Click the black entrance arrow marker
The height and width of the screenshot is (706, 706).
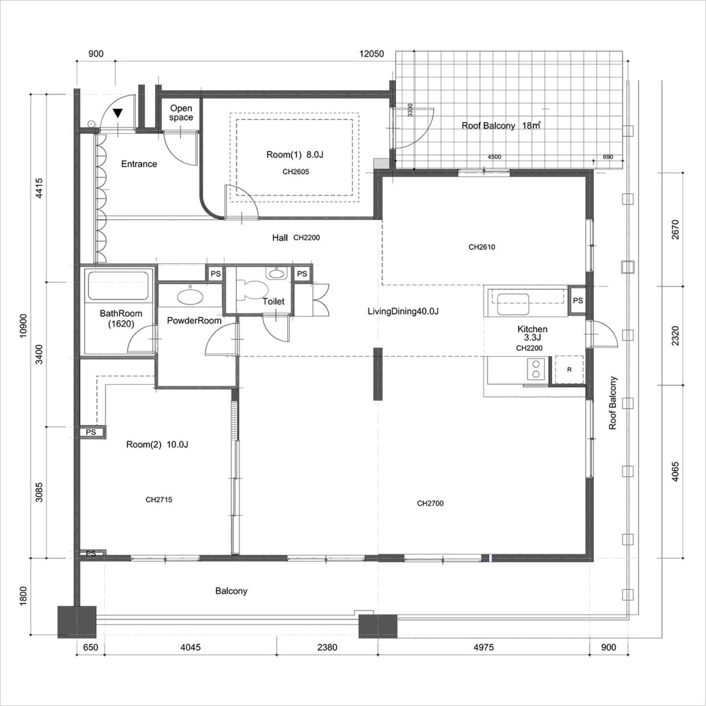(x=118, y=113)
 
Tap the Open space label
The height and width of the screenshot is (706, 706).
(x=181, y=113)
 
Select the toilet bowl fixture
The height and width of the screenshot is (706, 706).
(x=252, y=289)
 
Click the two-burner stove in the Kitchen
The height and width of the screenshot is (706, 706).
(x=536, y=369)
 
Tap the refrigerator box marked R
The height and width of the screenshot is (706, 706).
(x=569, y=370)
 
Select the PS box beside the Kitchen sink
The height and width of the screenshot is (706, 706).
(x=578, y=301)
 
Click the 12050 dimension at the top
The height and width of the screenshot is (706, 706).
(x=372, y=54)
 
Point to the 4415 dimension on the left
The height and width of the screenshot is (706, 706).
(x=39, y=188)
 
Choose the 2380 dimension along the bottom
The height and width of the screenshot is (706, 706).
(x=327, y=647)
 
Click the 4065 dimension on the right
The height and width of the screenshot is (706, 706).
(x=675, y=472)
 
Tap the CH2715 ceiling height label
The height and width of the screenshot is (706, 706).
(x=159, y=500)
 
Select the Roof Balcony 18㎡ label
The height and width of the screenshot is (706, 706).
(x=501, y=126)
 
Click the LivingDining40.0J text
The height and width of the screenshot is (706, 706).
(x=403, y=311)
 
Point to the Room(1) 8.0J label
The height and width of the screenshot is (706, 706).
(x=295, y=154)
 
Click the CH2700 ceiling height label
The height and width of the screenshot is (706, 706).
(x=430, y=503)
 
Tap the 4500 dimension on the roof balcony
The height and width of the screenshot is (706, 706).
(x=494, y=157)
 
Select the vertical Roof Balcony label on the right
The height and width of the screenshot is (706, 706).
(x=612, y=403)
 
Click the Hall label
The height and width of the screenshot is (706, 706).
(x=280, y=238)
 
